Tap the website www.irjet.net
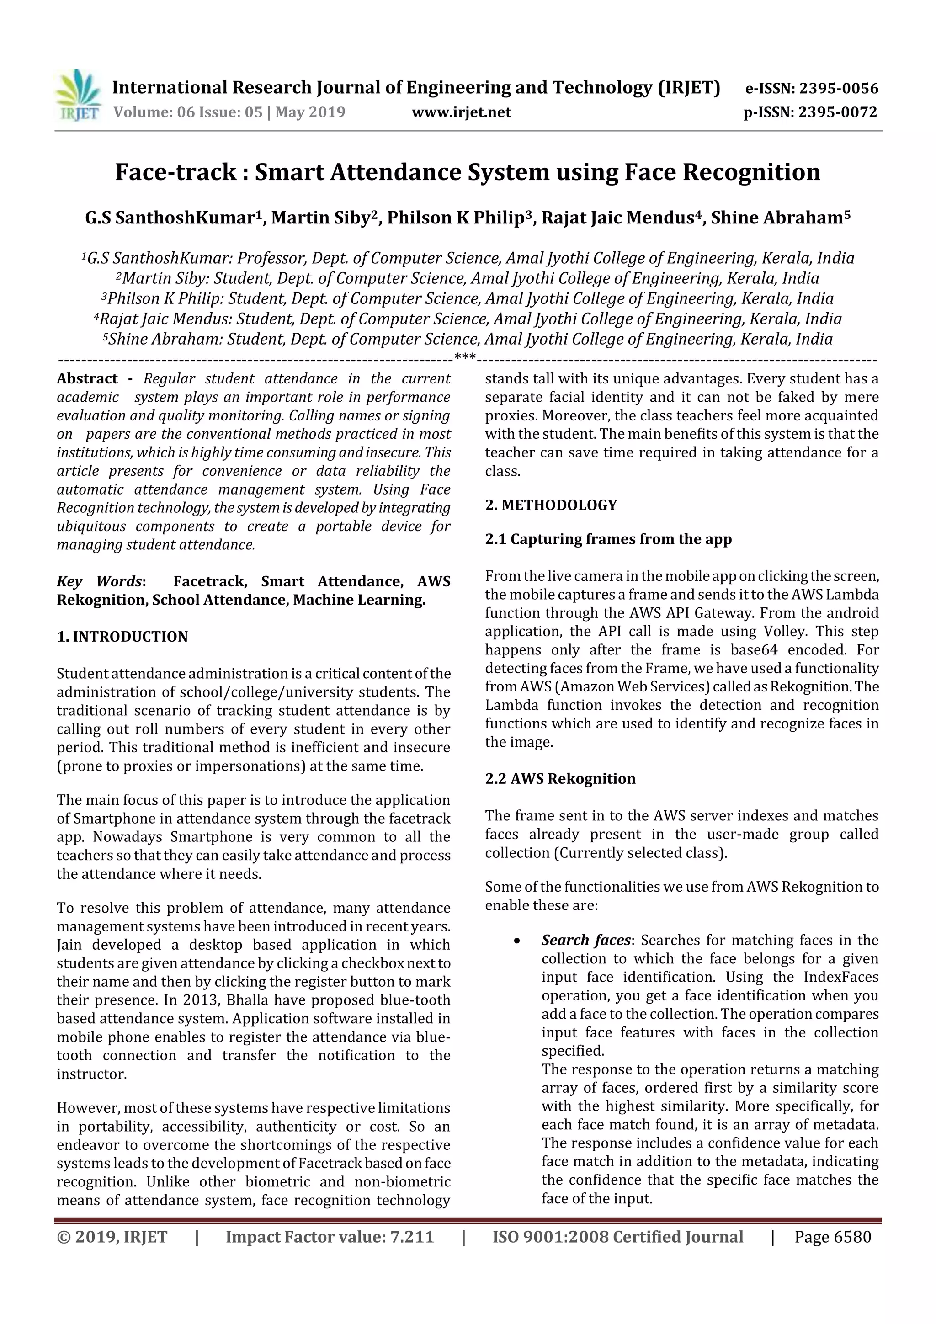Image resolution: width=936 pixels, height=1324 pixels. pyautogui.click(x=461, y=112)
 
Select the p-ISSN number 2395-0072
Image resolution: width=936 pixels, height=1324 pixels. pyautogui.click(x=837, y=112)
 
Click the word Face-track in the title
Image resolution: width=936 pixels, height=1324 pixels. pyautogui.click(x=176, y=172)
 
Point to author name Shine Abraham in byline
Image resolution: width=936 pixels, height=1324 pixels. pyautogui.click(x=776, y=218)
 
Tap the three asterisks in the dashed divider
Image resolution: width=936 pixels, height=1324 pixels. pyautogui.click(x=465, y=357)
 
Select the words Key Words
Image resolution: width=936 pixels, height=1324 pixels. pyautogui.click(x=100, y=581)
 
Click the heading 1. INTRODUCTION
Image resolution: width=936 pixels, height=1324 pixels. pyautogui.click(x=122, y=637)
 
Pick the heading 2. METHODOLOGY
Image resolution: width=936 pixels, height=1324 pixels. pyautogui.click(x=551, y=505)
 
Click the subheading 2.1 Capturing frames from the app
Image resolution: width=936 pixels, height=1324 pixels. pyautogui.click(x=608, y=539)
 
